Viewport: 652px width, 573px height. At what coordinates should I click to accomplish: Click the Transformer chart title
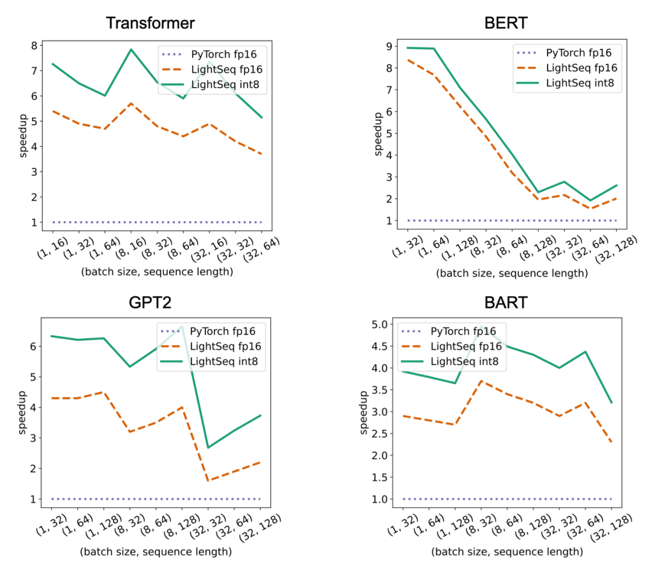pyautogui.click(x=150, y=24)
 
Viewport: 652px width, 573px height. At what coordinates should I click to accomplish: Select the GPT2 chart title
pyautogui.click(x=150, y=303)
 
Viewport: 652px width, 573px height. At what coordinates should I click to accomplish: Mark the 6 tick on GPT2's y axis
pyautogui.click(x=33, y=347)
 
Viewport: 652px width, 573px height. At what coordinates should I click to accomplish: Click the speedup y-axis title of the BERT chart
pyautogui.click(x=378, y=133)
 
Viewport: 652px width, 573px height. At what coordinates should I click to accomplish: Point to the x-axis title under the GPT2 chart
pyautogui.click(x=156, y=552)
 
